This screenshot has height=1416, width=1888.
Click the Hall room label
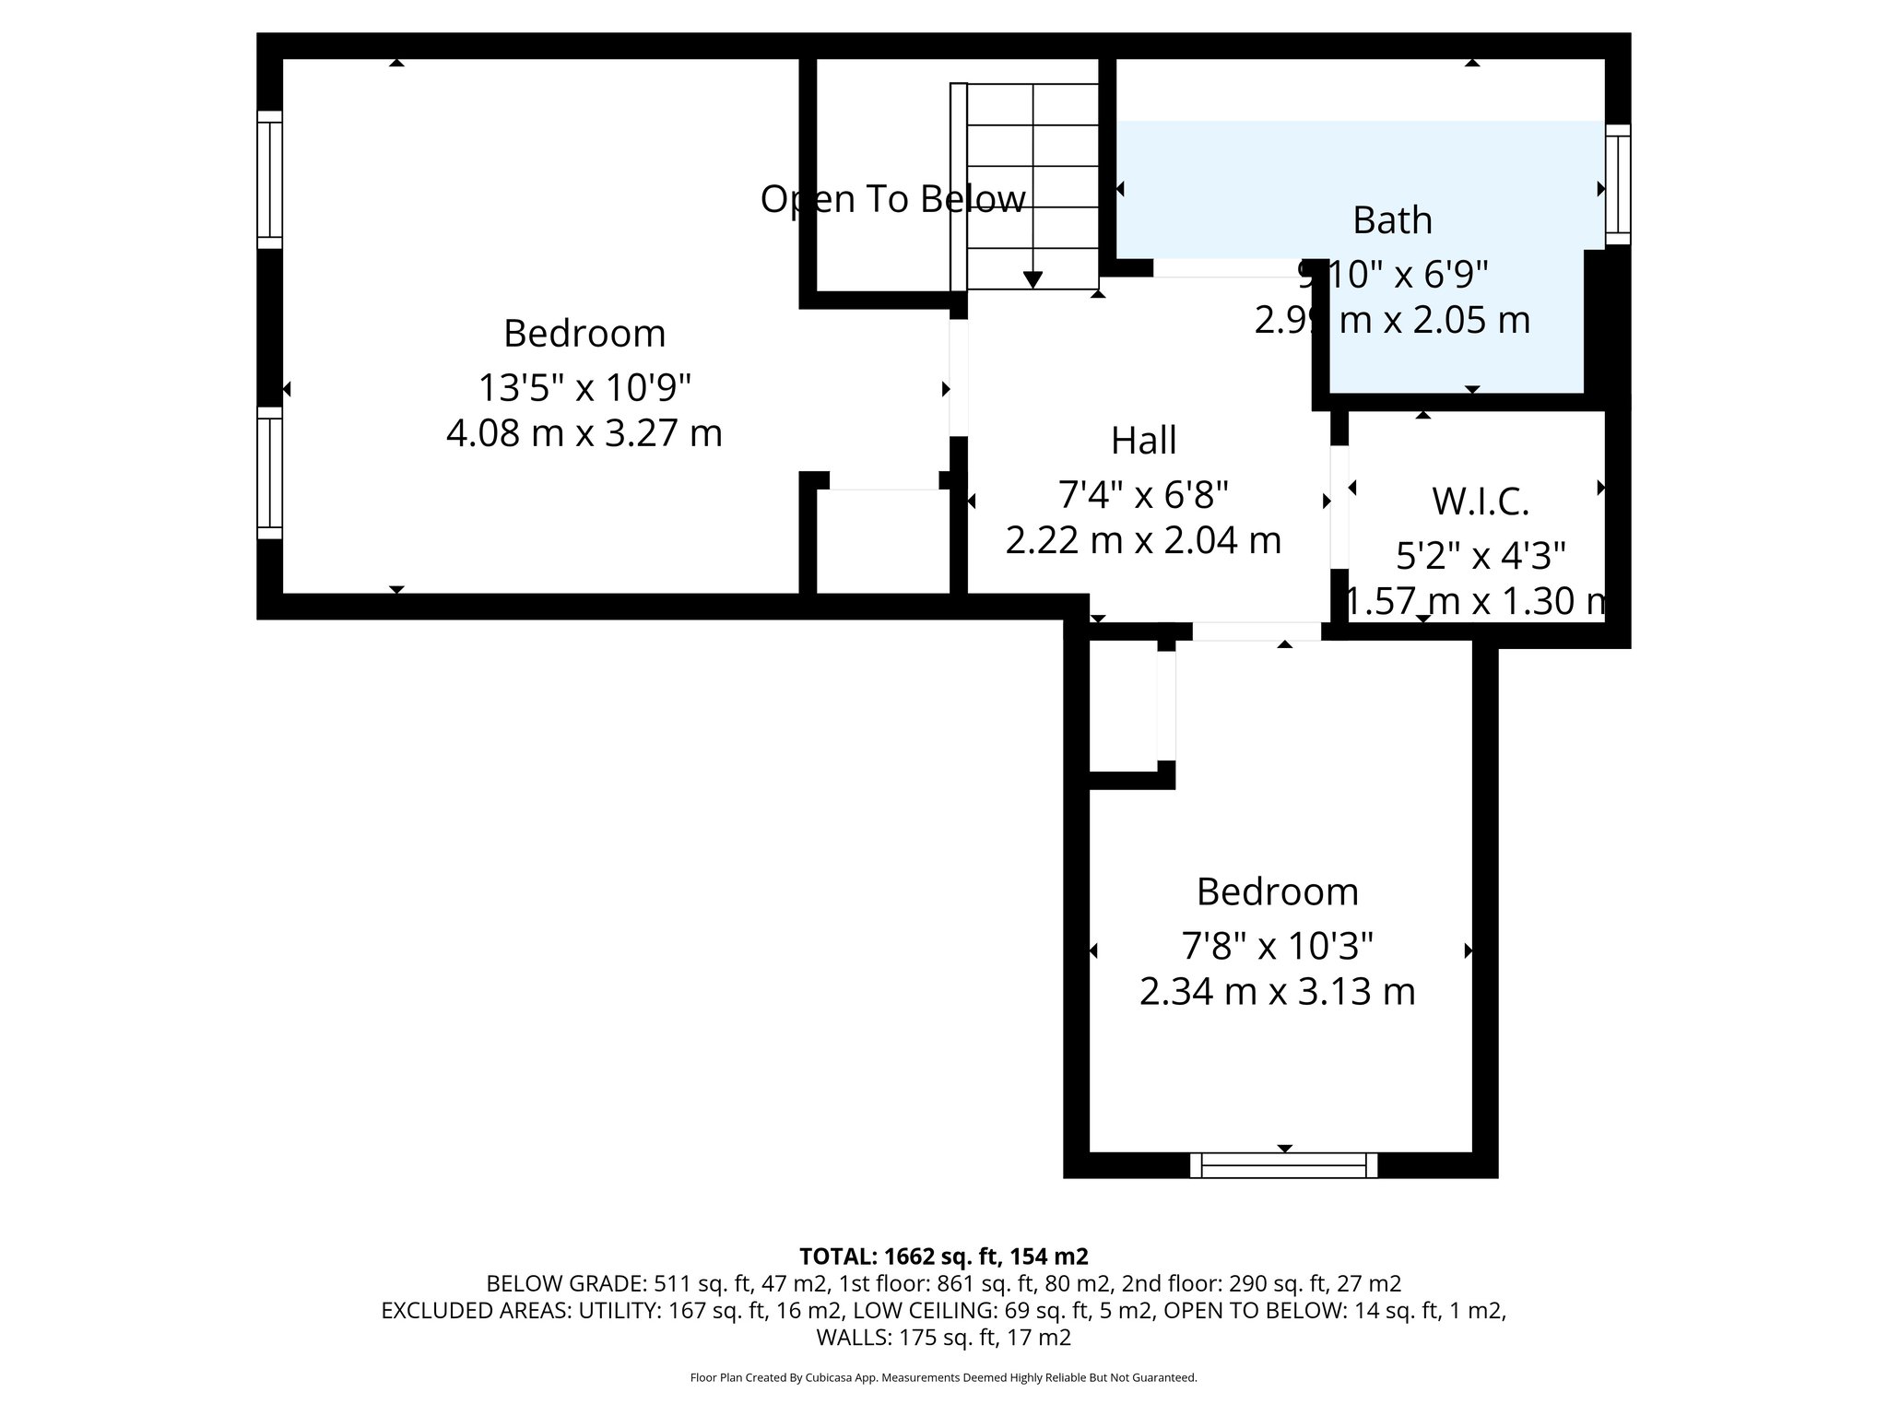click(x=1143, y=441)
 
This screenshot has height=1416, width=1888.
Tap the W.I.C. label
click(x=1480, y=501)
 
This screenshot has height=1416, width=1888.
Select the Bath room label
click(x=1392, y=220)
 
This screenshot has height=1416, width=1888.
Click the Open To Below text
click(x=892, y=199)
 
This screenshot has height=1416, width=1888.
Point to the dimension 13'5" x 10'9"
click(x=584, y=388)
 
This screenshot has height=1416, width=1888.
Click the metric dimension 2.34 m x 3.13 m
click(x=1277, y=992)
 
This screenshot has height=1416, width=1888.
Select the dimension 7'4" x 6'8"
click(x=1143, y=495)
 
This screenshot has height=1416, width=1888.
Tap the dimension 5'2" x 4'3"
click(x=1480, y=556)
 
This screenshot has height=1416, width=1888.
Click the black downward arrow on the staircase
click(x=1032, y=278)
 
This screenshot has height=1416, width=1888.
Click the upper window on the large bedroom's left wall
click(x=269, y=180)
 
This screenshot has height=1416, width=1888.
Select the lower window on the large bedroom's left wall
click(x=269, y=473)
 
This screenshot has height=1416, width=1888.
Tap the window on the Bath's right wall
click(x=1618, y=184)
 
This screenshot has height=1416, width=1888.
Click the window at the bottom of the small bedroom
click(x=1283, y=1165)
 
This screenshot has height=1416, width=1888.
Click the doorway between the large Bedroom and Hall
click(x=959, y=378)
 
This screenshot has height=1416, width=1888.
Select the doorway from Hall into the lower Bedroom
click(x=1257, y=631)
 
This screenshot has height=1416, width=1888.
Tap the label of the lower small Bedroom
click(x=1277, y=892)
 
